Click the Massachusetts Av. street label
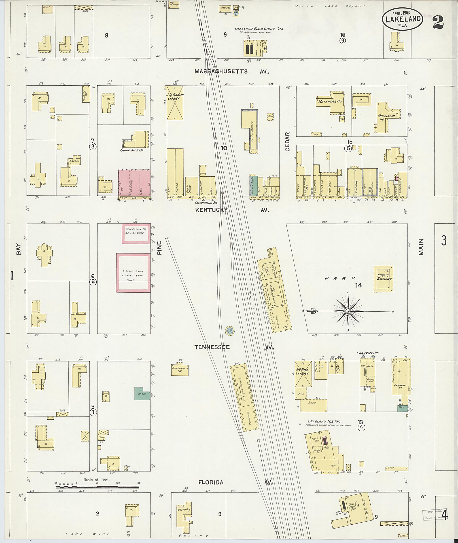click(x=231, y=72)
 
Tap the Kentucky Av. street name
click(x=232, y=210)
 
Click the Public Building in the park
click(x=384, y=279)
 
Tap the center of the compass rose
click(x=348, y=311)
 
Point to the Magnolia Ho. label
click(x=386, y=116)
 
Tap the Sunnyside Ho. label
click(x=132, y=150)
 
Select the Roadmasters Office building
click(x=180, y=370)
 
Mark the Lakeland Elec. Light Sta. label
click(x=259, y=29)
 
